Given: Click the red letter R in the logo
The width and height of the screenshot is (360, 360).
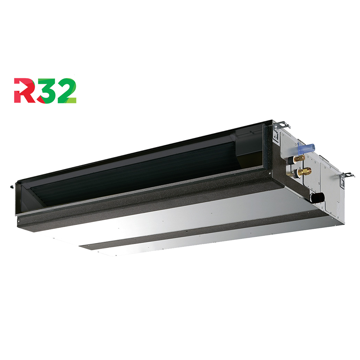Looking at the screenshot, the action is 23,90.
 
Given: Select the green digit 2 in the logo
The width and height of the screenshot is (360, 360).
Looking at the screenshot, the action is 67,90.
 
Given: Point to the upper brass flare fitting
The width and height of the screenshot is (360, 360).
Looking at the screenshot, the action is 298,158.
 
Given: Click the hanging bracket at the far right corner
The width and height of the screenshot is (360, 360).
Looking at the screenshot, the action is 347,175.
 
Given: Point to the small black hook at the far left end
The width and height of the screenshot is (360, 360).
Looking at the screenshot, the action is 12,186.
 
